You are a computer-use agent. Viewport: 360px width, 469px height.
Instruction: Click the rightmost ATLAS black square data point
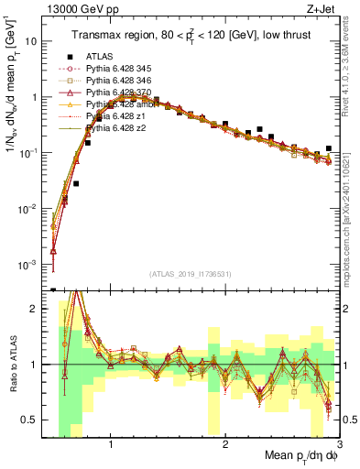pyautogui.click(x=329, y=148)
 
